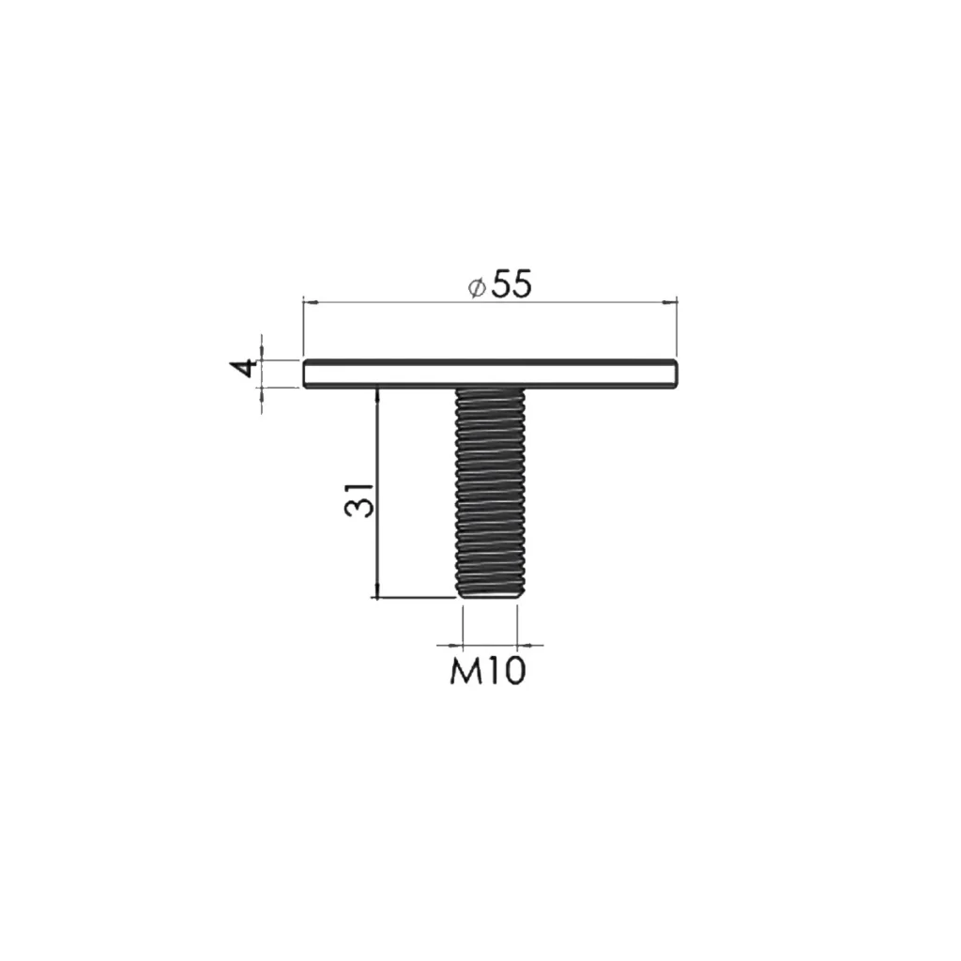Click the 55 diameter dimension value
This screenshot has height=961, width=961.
point(511,284)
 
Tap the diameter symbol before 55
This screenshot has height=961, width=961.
point(476,286)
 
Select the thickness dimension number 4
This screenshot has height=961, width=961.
point(244,368)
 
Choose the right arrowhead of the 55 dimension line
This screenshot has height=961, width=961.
point(671,301)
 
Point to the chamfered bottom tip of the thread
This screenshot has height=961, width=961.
point(490,594)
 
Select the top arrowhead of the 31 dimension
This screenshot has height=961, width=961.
point(376,392)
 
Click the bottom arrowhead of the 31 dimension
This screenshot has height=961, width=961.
point(376,592)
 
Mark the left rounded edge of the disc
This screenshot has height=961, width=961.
point(306,374)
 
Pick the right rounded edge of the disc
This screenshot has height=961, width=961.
point(675,374)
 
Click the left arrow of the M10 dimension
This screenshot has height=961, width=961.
point(459,645)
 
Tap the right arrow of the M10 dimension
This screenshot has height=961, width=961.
point(523,645)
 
